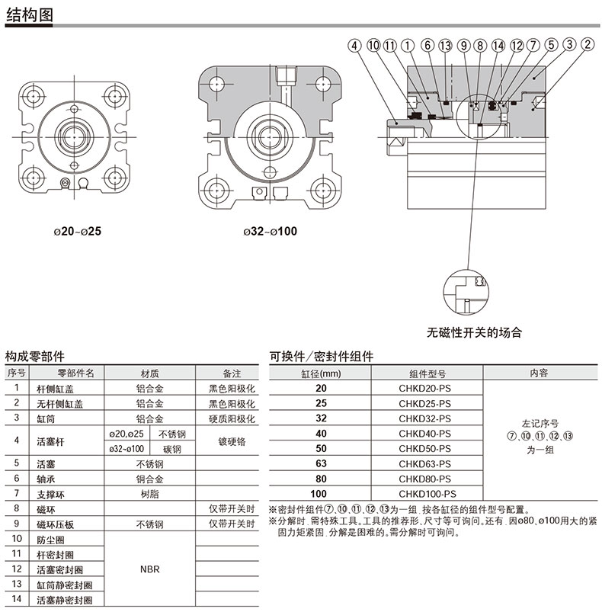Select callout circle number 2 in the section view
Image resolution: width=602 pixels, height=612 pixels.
coord(587,45)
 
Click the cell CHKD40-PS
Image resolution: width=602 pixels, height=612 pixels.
coord(424,433)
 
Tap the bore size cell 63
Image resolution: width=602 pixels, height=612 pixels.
coord(321,463)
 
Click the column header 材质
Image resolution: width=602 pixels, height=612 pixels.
coord(149,373)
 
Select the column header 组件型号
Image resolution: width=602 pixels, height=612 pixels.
coord(424,373)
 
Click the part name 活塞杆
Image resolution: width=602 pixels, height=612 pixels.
coord(51,441)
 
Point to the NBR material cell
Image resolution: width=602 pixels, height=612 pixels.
coord(149,569)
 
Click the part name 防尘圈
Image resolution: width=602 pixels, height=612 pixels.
coord(51,539)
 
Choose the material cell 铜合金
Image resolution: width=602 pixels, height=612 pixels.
coord(149,479)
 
